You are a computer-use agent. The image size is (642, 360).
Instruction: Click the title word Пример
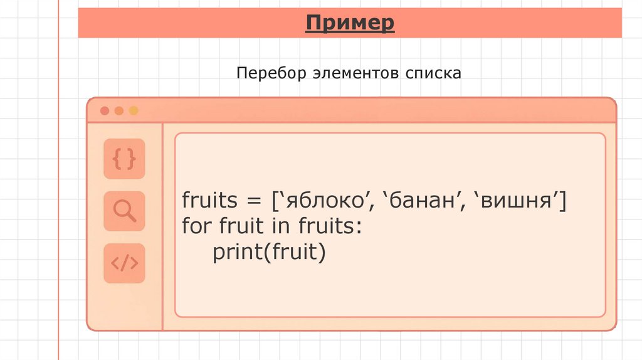[x=350, y=24]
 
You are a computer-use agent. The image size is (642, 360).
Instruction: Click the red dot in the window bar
[x=105, y=111]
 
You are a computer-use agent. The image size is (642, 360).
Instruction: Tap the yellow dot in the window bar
[x=133, y=111]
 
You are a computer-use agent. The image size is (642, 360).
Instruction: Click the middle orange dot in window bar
[x=119, y=111]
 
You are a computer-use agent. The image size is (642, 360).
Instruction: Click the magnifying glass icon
[x=124, y=211]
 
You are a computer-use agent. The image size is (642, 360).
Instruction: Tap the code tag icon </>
[x=124, y=263]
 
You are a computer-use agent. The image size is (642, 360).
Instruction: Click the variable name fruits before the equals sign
[x=210, y=202]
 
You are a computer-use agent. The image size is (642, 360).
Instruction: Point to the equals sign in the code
[x=253, y=203]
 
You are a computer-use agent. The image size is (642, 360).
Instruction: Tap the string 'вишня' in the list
[x=518, y=202]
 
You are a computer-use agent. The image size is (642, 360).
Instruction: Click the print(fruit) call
[x=270, y=252]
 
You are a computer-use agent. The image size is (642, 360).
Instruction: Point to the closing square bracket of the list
[x=563, y=202]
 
